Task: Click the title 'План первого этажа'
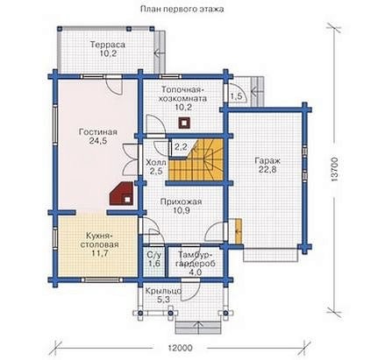click(182, 10)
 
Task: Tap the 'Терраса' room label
click(108, 45)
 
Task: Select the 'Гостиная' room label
click(98, 132)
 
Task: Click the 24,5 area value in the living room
click(98, 141)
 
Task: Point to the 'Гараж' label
click(267, 161)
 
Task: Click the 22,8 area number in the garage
click(267, 170)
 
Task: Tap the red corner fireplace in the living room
click(122, 194)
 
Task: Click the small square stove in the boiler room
click(183, 123)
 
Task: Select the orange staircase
click(196, 160)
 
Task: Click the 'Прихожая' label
click(181, 201)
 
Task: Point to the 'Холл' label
click(156, 162)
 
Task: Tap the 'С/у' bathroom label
click(153, 255)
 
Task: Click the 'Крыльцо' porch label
click(163, 291)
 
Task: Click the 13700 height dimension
click(334, 170)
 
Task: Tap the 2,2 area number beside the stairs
click(181, 146)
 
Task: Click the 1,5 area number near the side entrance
click(236, 96)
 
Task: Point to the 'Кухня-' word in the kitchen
click(99, 236)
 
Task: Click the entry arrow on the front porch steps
click(198, 328)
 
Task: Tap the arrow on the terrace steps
click(160, 53)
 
